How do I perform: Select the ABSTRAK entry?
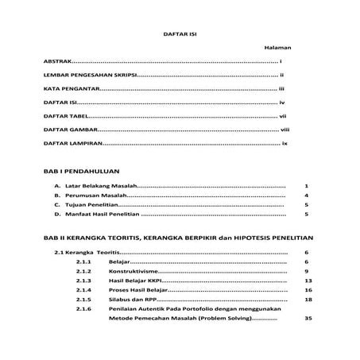(x=57, y=61)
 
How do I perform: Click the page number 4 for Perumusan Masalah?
(x=306, y=195)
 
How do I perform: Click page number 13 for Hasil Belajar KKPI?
(x=308, y=281)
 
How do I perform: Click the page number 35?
(x=308, y=319)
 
